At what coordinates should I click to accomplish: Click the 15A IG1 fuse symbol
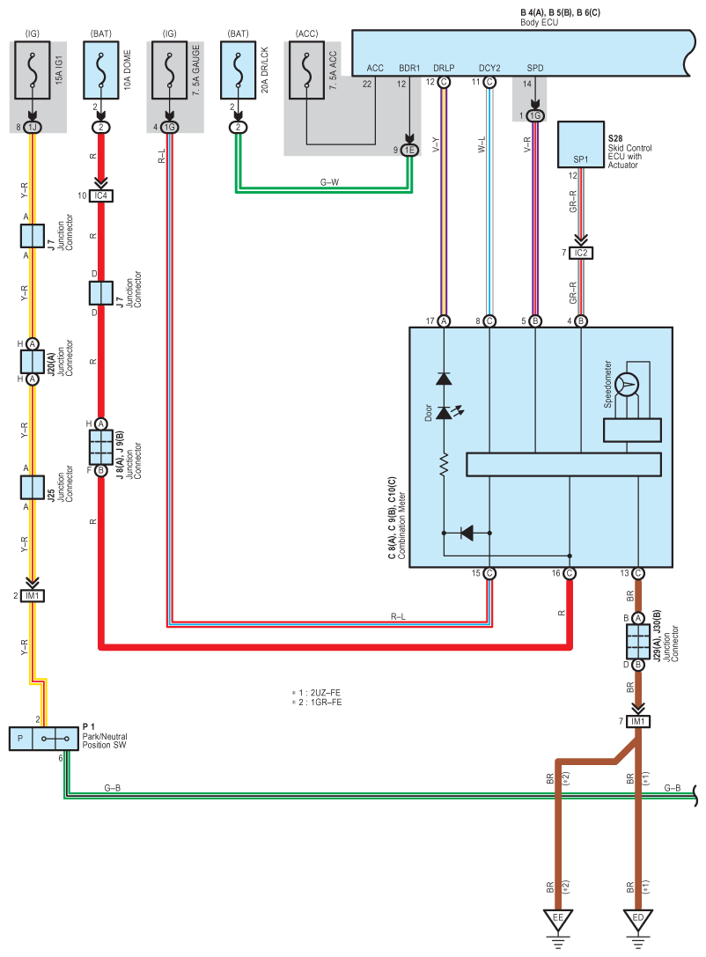point(33,70)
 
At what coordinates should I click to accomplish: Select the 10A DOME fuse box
point(101,70)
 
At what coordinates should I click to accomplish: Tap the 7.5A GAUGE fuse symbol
point(170,70)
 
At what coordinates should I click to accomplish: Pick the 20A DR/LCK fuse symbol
point(238,70)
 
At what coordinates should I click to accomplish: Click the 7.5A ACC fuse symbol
point(307,70)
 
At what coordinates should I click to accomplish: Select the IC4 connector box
point(101,196)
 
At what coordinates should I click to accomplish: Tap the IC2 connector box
point(581,253)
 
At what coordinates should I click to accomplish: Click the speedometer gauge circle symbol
point(627,385)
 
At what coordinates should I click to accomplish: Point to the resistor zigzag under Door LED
point(444,463)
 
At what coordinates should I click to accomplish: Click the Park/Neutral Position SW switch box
point(44,739)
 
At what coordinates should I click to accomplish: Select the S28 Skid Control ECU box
point(581,144)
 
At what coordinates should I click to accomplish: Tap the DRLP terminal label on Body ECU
point(444,69)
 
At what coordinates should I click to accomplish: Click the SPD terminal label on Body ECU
point(535,69)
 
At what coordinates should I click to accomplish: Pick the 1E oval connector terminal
point(410,151)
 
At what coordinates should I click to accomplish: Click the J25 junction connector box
point(33,487)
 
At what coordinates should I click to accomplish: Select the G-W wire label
point(329,182)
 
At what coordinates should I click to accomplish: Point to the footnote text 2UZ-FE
point(325,693)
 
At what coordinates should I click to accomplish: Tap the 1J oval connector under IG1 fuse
point(33,128)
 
